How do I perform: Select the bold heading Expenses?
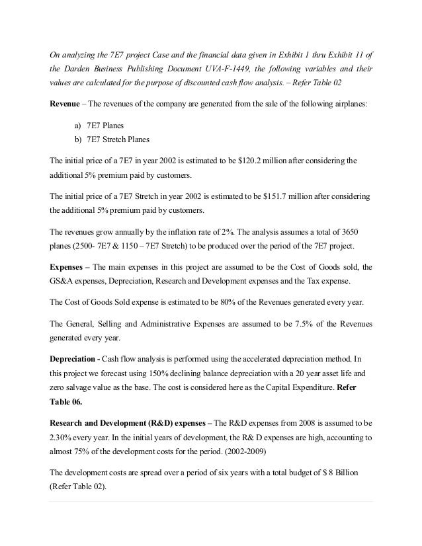pos(69,268)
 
